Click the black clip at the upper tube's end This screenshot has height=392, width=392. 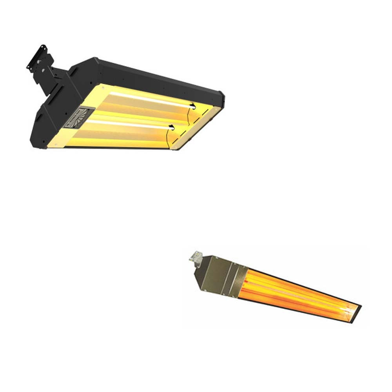pos(192,105)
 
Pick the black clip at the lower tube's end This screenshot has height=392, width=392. pos(171,126)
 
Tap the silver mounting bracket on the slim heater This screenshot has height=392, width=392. pos(194,257)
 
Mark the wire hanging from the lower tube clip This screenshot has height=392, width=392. pos(167,137)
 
